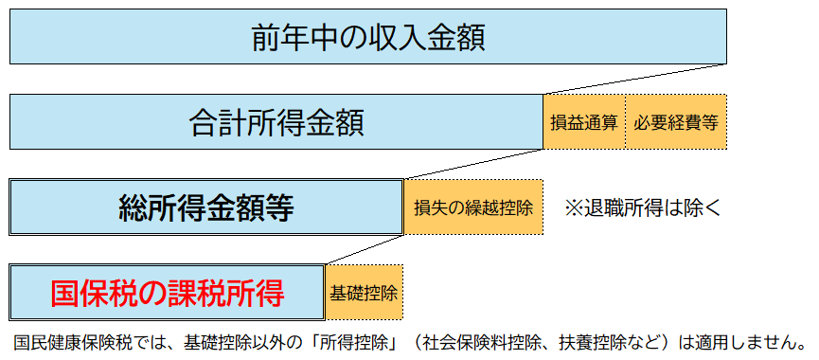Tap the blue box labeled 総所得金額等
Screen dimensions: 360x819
tap(206, 207)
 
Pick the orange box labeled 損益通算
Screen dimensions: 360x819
tap(584, 122)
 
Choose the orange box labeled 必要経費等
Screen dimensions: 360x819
tap(675, 122)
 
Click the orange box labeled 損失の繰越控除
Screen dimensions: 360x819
tap(473, 207)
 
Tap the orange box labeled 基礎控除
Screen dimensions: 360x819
tap(364, 293)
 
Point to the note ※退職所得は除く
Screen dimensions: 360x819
tap(643, 207)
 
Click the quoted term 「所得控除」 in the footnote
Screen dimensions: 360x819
tap(349, 340)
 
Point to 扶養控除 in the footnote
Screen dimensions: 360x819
tap(593, 340)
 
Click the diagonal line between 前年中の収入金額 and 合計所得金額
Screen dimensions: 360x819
tap(634, 79)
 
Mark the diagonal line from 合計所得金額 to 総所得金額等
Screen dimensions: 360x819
tap(473, 164)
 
